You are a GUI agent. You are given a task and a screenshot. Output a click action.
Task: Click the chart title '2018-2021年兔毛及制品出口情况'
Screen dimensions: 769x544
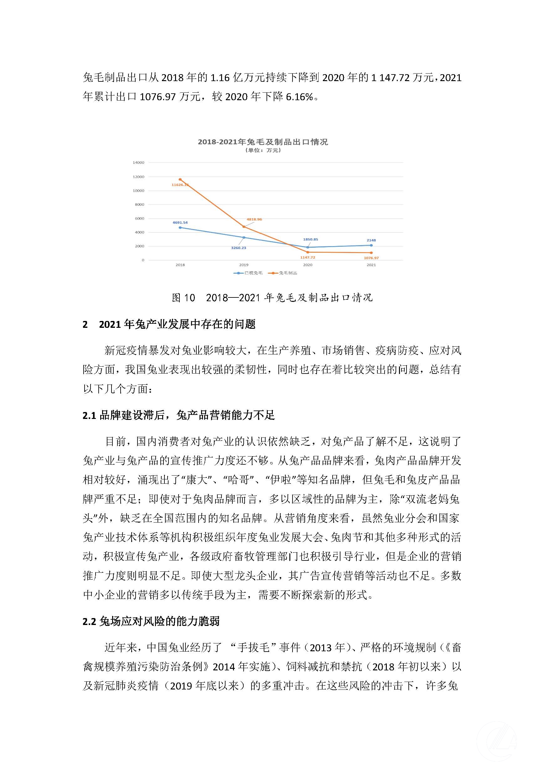(263, 142)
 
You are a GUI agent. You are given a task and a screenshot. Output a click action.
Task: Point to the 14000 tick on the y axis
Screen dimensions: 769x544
(138, 163)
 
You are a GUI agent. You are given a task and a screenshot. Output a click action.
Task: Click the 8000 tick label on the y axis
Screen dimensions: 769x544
(139, 205)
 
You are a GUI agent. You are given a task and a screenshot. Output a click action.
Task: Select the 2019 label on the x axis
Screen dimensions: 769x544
(244, 265)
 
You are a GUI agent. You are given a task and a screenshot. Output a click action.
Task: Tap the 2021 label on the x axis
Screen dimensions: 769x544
(371, 265)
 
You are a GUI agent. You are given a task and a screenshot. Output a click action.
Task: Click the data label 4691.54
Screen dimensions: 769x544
(180, 222)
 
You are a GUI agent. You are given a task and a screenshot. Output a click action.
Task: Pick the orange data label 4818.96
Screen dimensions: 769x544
(254, 219)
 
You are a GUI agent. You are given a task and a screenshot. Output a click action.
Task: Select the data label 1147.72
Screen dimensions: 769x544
(308, 258)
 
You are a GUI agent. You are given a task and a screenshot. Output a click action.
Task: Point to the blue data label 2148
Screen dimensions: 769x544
(371, 240)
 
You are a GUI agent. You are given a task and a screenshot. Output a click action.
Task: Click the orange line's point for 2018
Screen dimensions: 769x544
(180, 179)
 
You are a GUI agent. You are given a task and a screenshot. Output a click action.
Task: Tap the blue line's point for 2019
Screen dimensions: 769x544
(244, 237)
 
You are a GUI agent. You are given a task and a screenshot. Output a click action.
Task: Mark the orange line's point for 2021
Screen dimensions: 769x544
(371, 253)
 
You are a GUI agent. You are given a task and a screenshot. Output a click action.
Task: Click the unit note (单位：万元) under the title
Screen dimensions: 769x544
(263, 150)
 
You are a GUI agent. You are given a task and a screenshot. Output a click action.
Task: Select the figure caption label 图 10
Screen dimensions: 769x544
(183, 298)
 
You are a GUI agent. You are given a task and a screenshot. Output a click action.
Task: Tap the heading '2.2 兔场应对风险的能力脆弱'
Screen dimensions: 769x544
(151, 621)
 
